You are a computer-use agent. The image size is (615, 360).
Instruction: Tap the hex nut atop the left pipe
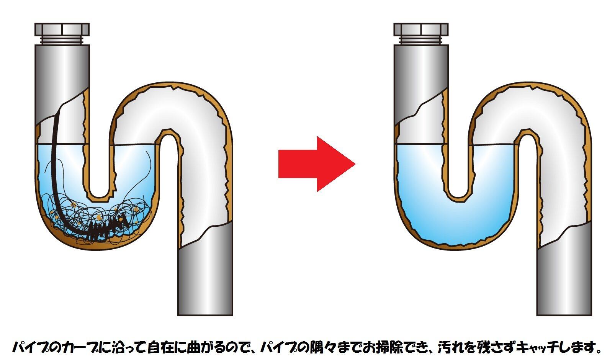(62, 29)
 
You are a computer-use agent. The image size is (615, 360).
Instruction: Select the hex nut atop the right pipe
(421, 29)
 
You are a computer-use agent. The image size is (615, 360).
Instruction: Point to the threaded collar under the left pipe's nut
(62, 40)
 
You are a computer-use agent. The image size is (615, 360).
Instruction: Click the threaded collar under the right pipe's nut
(421, 40)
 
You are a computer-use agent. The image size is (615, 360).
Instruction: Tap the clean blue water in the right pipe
(456, 222)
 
